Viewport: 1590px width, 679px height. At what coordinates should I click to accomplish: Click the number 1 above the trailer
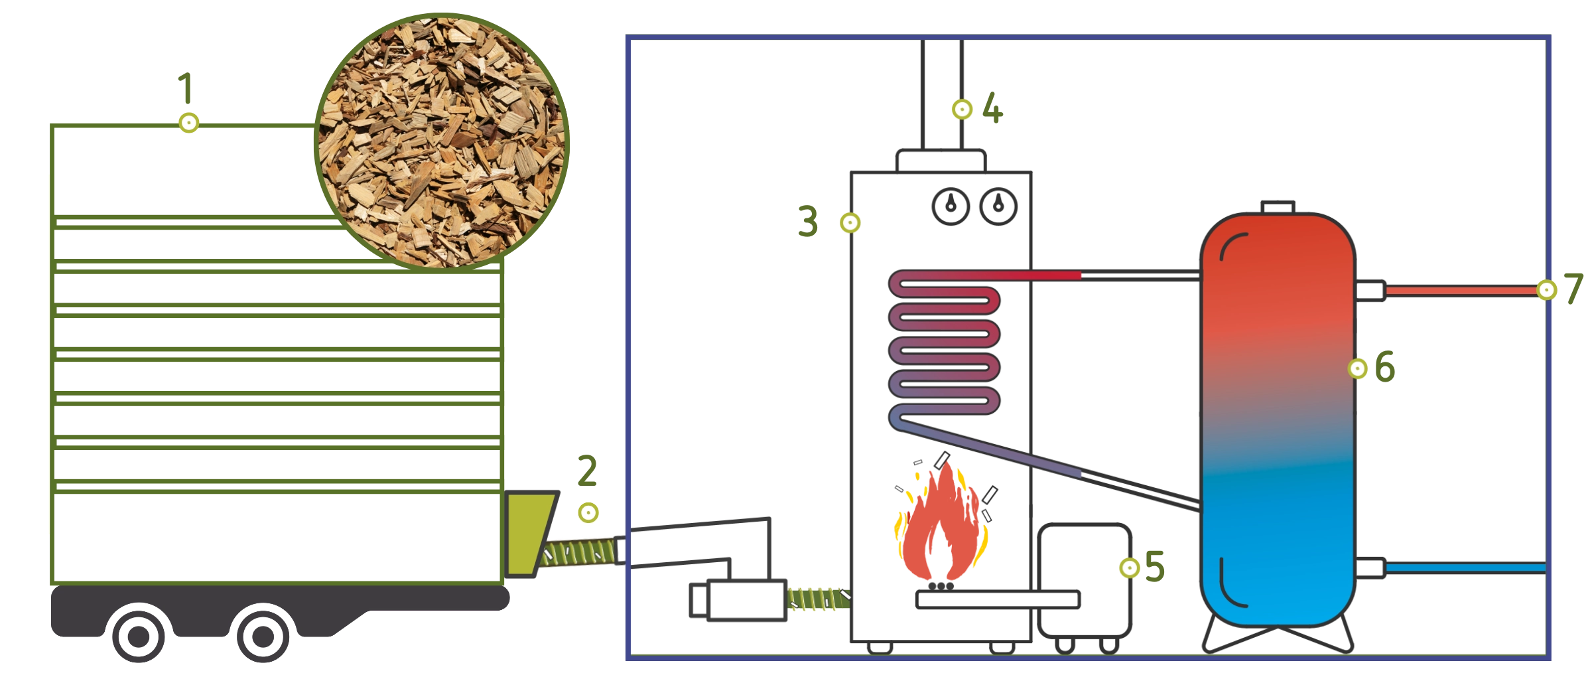tap(184, 89)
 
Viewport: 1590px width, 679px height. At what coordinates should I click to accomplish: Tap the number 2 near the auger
tap(588, 471)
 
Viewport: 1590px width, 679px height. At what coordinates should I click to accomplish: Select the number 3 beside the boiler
tap(808, 221)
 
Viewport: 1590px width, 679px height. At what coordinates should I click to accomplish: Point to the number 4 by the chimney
tap(992, 109)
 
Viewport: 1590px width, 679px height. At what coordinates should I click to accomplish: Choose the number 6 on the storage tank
tap(1384, 367)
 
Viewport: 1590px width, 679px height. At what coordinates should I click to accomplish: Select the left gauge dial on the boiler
tap(952, 207)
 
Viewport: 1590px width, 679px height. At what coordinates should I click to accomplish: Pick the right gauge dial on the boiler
tap(998, 207)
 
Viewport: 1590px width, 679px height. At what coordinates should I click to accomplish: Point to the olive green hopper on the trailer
tap(528, 531)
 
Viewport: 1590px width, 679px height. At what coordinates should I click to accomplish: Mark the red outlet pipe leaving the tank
tap(1459, 291)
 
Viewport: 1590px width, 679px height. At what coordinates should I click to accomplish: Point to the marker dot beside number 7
tap(1546, 290)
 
